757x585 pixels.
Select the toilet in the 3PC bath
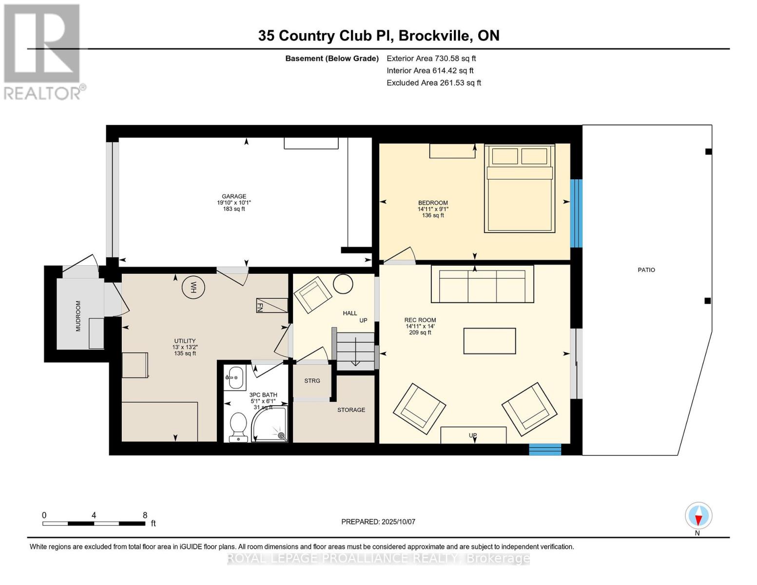(x=238, y=427)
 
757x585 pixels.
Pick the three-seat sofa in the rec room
(x=482, y=284)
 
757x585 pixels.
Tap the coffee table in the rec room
(x=489, y=341)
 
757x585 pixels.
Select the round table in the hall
(x=343, y=284)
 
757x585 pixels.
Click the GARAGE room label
(x=234, y=196)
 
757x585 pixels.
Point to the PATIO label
(x=646, y=270)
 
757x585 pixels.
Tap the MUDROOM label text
(x=78, y=316)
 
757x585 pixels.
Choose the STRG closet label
(x=312, y=381)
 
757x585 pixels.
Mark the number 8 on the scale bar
(x=145, y=515)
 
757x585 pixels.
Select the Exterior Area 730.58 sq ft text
(x=431, y=58)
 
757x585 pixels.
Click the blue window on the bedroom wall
(x=576, y=213)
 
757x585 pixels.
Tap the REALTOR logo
(x=42, y=51)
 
